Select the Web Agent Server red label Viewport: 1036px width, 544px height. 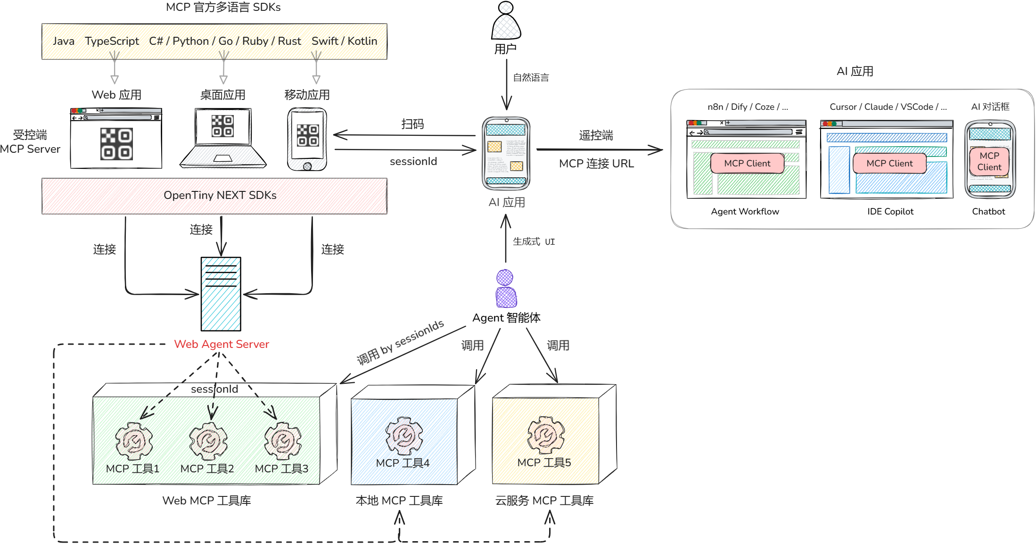[x=222, y=344]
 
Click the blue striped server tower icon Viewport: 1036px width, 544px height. [x=221, y=294]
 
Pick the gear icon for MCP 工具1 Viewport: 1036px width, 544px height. [x=134, y=441]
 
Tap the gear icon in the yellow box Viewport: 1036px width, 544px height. [x=546, y=435]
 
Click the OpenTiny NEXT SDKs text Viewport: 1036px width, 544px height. [x=220, y=195]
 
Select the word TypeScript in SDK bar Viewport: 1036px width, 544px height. [x=112, y=41]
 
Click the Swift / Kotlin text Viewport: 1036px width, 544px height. [x=344, y=41]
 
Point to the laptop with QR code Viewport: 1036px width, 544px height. [x=222, y=138]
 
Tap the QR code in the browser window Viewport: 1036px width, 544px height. [x=116, y=144]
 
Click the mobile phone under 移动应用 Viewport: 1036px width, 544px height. [x=307, y=139]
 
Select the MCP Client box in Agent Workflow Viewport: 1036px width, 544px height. [x=747, y=163]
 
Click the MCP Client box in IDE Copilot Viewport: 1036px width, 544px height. [x=889, y=163]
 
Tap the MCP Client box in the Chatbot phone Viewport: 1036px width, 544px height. [x=989, y=161]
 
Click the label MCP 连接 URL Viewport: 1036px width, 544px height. [x=596, y=164]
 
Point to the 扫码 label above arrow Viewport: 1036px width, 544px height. [x=412, y=124]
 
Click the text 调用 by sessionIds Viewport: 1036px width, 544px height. [x=400, y=342]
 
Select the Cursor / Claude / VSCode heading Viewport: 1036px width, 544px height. [x=888, y=107]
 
